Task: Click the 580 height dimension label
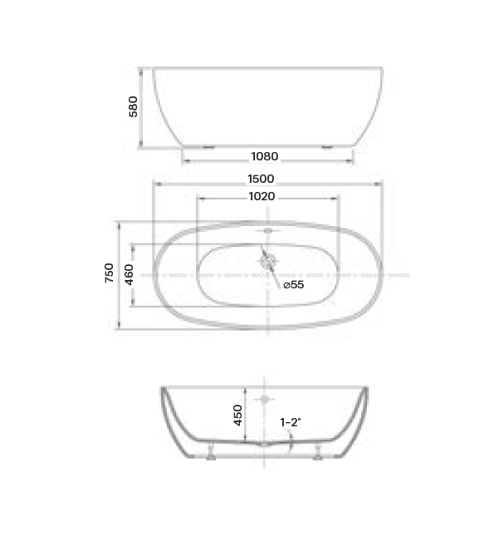133,106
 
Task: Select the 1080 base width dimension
264,156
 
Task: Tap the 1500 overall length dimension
260,179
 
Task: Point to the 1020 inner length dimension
262,197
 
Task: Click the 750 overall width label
109,273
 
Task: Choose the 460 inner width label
129,273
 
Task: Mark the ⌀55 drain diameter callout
293,284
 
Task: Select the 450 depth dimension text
237,415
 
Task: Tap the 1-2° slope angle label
290,422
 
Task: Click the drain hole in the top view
267,260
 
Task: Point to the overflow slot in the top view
267,229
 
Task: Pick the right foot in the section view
317,454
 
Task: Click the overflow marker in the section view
265,400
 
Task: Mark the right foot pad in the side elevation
329,145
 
